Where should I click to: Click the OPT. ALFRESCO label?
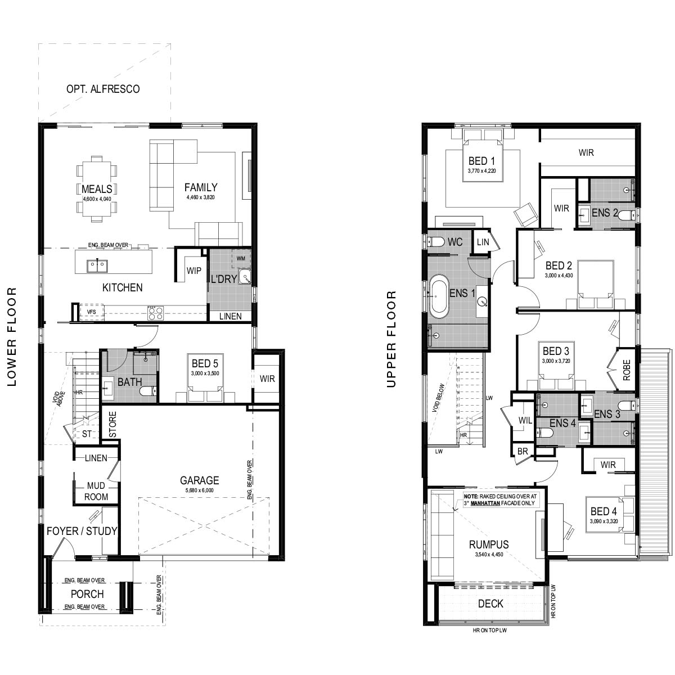[103, 89]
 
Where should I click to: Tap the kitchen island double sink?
[97, 266]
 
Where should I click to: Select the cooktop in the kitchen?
[155, 313]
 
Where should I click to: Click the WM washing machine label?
[241, 259]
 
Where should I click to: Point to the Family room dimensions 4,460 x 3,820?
[201, 197]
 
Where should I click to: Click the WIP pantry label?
[193, 271]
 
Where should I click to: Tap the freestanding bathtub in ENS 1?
[439, 296]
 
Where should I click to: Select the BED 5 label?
[205, 363]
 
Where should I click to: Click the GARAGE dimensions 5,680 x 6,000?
[199, 490]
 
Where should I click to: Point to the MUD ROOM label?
[96, 491]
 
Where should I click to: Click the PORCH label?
[87, 594]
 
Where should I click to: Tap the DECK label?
[490, 604]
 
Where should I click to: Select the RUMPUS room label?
[489, 544]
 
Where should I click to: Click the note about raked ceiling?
[500, 500]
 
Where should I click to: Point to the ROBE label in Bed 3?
[627, 370]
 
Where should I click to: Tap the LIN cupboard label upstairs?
[483, 242]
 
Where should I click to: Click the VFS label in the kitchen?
[92, 312]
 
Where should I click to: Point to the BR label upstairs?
[522, 452]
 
